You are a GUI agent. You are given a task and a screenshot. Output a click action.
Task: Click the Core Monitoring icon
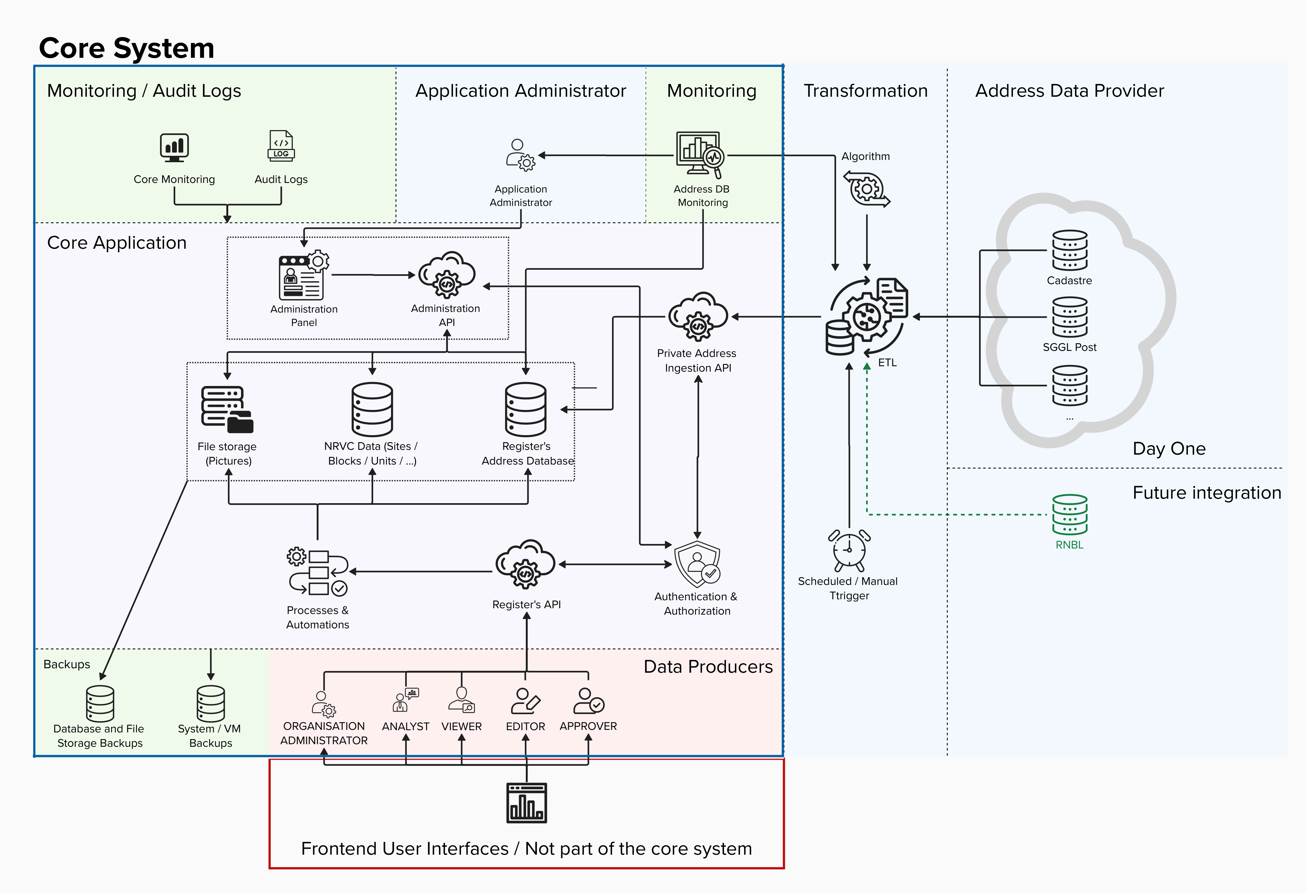click(x=174, y=147)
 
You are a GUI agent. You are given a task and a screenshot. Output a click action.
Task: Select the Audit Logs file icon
click(x=281, y=146)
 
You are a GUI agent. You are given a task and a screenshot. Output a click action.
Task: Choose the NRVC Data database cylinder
click(x=372, y=409)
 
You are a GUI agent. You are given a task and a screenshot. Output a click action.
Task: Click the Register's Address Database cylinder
click(x=525, y=409)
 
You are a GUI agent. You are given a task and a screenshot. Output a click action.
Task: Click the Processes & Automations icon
click(x=318, y=571)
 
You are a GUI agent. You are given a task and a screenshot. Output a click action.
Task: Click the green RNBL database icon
click(x=1069, y=514)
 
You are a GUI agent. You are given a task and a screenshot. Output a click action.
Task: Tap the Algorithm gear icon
click(x=866, y=189)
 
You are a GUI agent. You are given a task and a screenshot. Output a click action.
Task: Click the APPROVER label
click(x=588, y=726)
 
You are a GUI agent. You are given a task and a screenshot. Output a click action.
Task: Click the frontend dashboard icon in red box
click(x=526, y=803)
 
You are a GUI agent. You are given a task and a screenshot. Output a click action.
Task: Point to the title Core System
click(x=126, y=48)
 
